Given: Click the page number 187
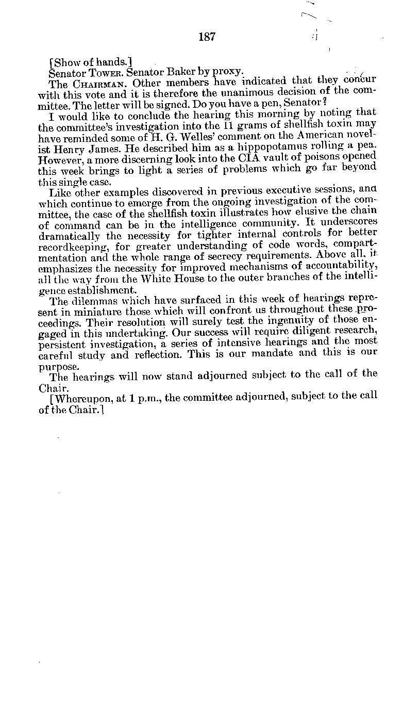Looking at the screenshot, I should (206, 37).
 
